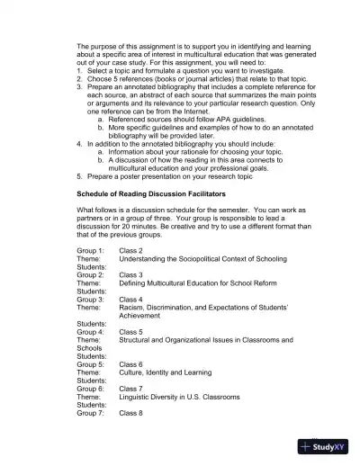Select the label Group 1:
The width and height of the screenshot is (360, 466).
[90, 250]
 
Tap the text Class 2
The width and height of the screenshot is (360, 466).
[131, 250]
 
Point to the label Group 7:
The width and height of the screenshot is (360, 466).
[90, 413]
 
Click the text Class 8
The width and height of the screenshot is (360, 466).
[131, 413]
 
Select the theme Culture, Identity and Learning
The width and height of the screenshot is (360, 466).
[166, 372]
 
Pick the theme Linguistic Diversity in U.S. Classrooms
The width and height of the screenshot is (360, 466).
[180, 396]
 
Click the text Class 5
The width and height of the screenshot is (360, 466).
[131, 331]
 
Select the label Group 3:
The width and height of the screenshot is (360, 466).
[90, 299]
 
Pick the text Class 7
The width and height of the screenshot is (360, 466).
[131, 388]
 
